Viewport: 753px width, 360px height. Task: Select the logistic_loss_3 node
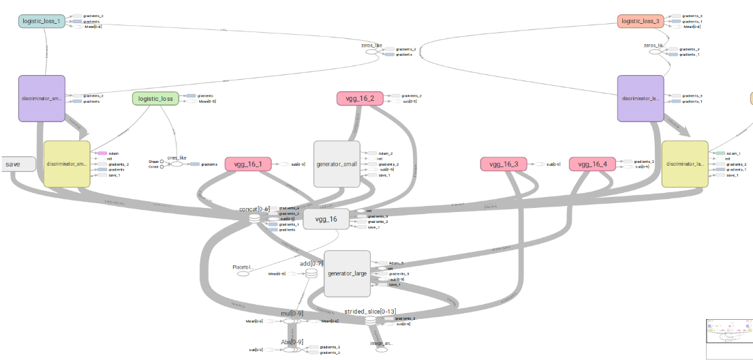click(641, 21)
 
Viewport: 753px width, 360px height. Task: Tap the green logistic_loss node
click(155, 99)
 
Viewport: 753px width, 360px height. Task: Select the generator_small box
click(336, 164)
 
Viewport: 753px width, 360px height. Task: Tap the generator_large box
click(347, 273)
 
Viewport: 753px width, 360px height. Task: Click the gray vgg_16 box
click(326, 219)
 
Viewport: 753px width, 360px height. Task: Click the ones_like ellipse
click(176, 164)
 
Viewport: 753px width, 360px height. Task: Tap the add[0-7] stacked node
click(311, 273)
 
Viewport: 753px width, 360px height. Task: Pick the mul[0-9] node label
click(291, 313)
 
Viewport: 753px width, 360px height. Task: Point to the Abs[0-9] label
click(292, 342)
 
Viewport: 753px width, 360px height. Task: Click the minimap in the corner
click(728, 337)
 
